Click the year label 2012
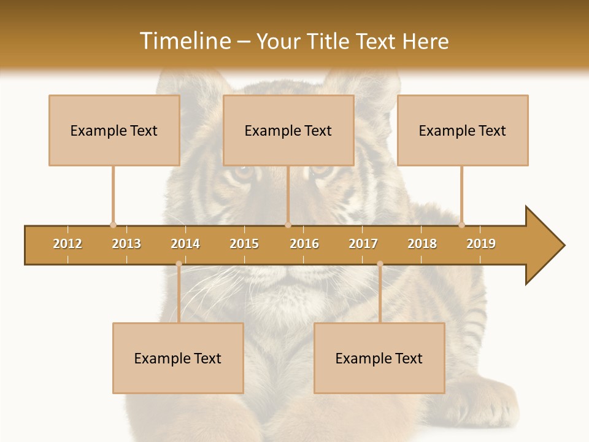pos(67,244)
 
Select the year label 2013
pos(126,244)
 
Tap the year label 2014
pos(185,244)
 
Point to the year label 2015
pos(244,244)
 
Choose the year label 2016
pos(304,244)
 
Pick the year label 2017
pos(363,244)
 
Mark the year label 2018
pos(422,244)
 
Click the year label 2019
pos(481,244)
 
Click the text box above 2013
pos(114,130)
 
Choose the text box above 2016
pos(288,130)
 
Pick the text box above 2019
pos(463,130)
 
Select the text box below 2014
pos(178,358)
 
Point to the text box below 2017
pos(379,358)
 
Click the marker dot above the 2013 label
pos(113,225)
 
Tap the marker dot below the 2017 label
pos(380,264)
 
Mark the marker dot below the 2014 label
pos(179,264)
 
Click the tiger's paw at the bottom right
pos(491,402)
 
